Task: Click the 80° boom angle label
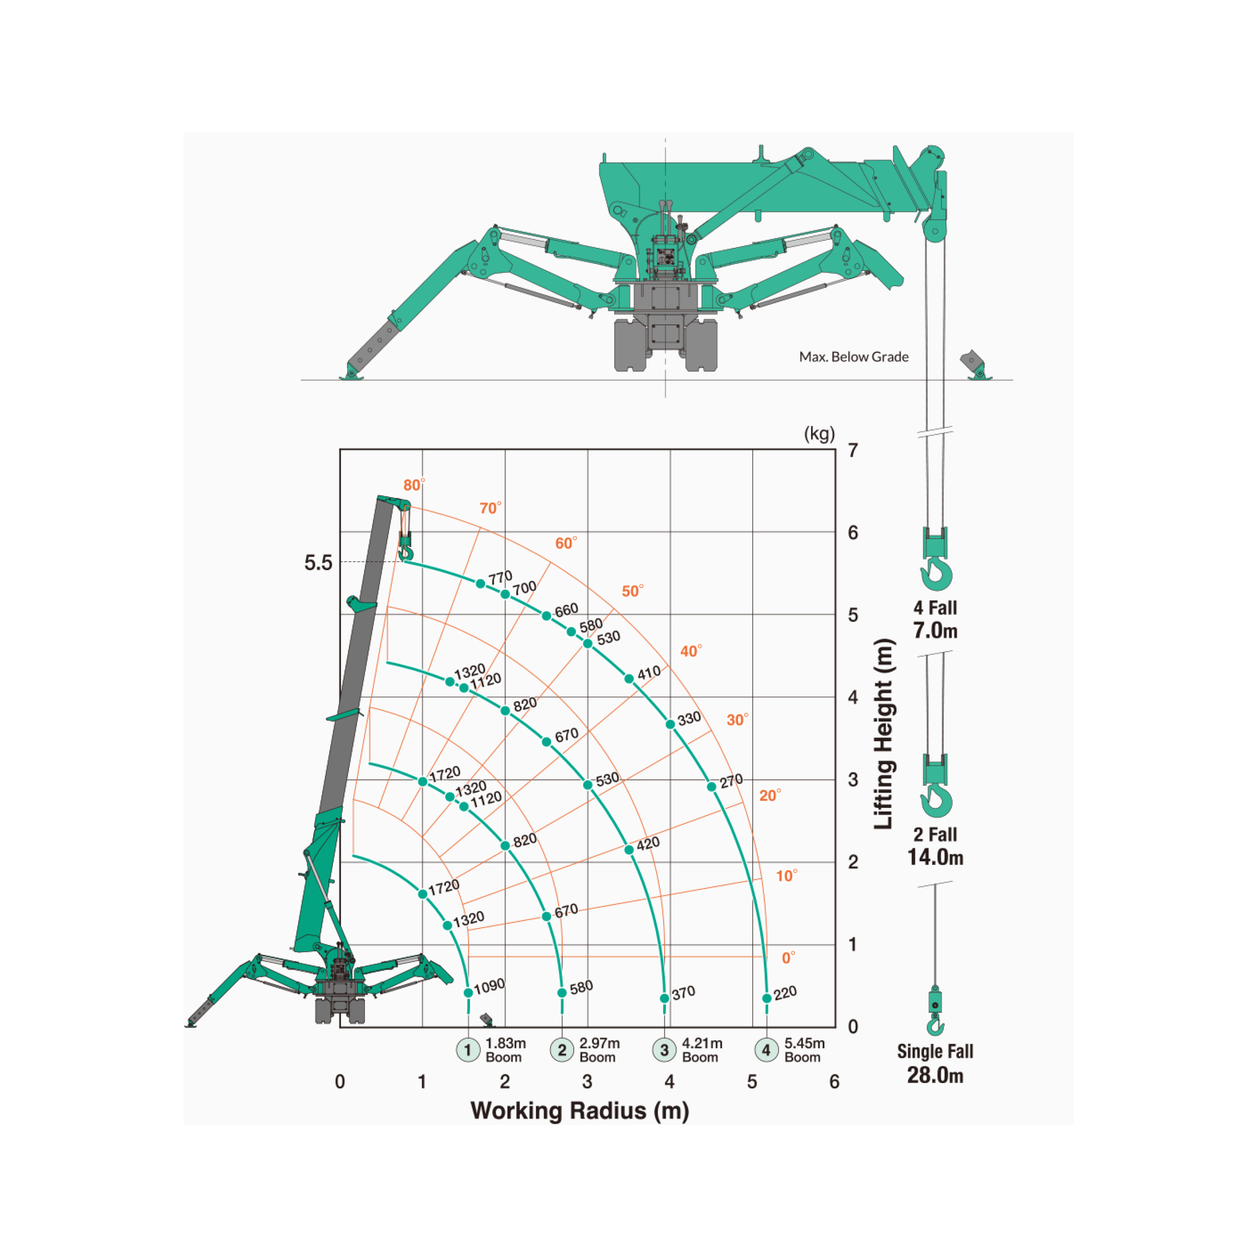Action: pos(414,485)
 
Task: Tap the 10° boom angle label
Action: pos(786,876)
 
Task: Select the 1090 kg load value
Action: pos(489,986)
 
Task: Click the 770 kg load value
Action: pos(500,578)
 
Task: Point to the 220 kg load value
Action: pos(785,993)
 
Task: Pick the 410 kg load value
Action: pos(649,673)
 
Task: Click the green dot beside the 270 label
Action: pos(712,786)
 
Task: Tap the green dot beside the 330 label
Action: pos(670,724)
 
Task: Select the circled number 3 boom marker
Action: pos(664,1049)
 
